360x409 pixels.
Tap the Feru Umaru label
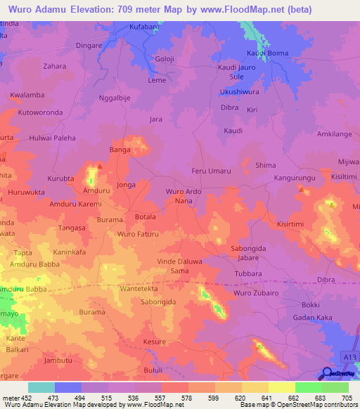(211, 171)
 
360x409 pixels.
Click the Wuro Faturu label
(139, 233)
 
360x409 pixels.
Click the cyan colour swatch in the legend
(41, 387)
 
